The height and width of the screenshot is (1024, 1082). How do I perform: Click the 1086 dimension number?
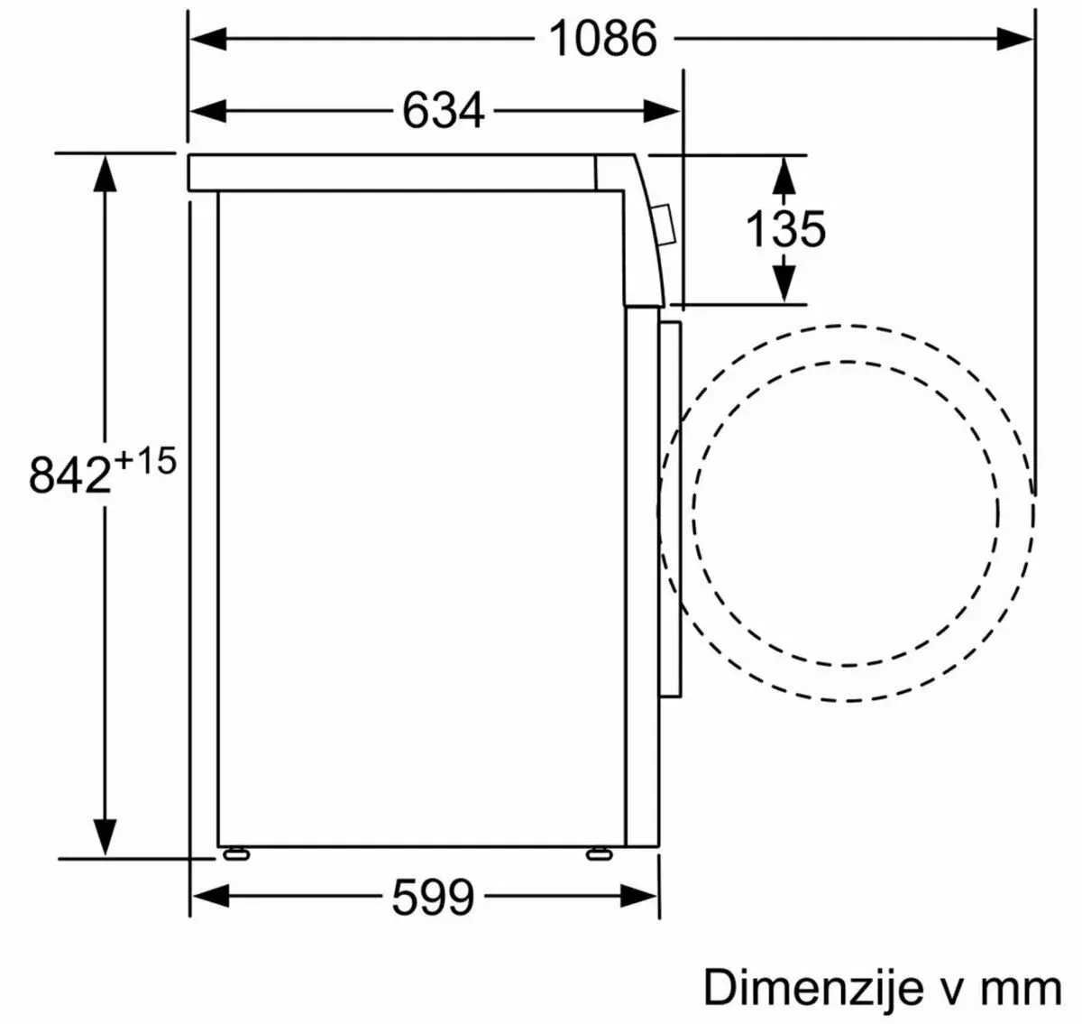603,39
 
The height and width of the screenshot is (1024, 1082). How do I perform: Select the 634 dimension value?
443,111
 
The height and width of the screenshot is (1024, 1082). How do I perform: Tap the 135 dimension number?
785,228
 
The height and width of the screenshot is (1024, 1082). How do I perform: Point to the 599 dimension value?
433,898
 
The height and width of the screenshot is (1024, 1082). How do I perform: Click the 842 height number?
70,475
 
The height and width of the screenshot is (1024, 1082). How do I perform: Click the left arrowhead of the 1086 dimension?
208,39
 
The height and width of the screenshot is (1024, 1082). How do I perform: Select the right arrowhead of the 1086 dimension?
1014,39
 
